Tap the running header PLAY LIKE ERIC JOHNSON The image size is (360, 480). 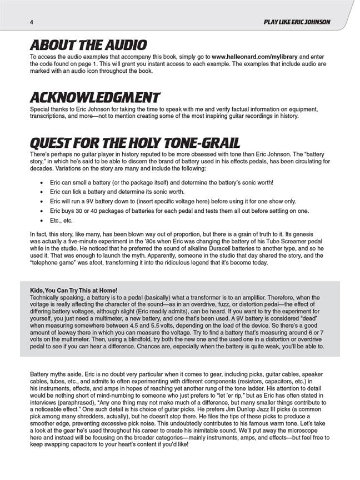click(297, 22)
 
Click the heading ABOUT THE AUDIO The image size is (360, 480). click(88, 45)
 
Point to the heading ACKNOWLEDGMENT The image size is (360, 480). click(95, 97)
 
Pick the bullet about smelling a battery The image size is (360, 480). click(161, 182)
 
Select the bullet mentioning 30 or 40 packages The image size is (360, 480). click(167, 211)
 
